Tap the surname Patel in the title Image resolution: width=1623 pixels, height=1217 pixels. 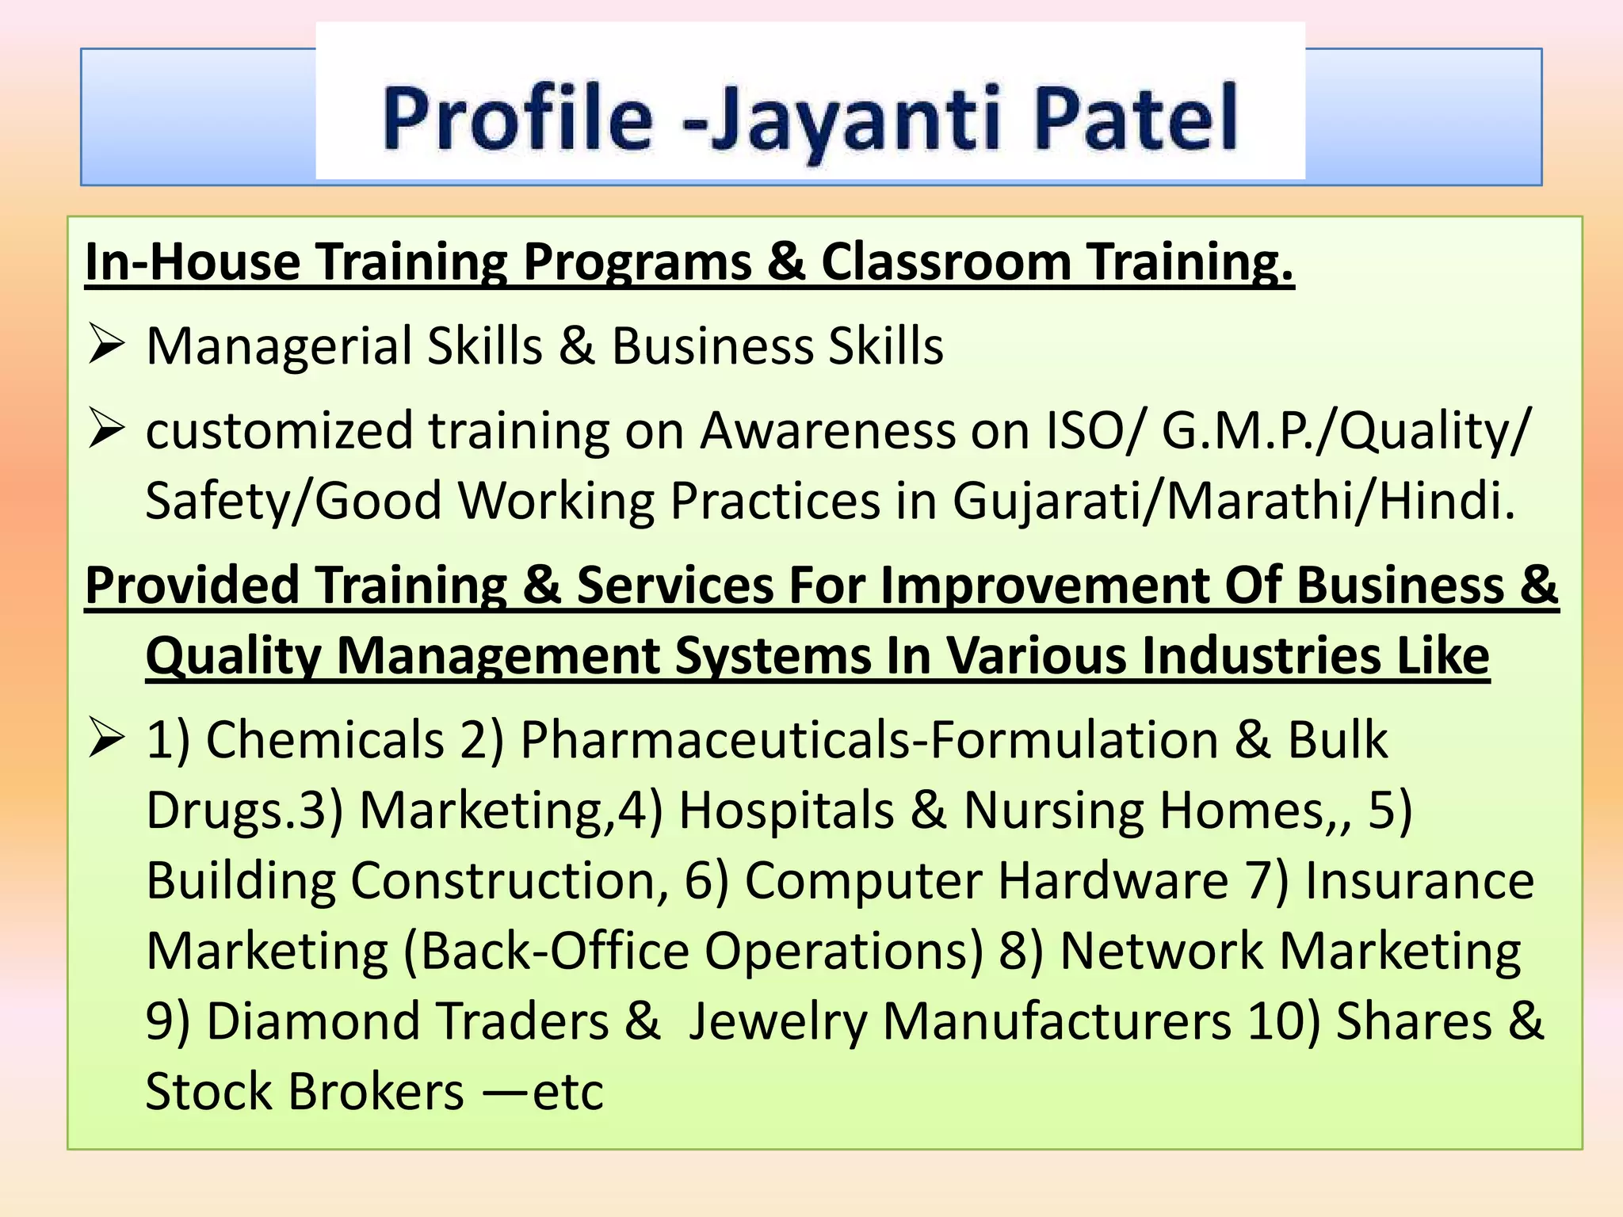[1136, 119]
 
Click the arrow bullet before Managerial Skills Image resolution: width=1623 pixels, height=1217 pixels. [106, 345]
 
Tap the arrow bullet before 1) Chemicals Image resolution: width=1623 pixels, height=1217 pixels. [106, 738]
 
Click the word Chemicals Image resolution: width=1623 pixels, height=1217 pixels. [326, 740]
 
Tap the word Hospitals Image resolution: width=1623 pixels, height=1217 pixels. [787, 811]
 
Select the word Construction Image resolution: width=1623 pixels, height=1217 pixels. [504, 880]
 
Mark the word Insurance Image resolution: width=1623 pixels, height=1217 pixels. [1419, 880]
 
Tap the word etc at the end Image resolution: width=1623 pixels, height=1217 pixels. [568, 1092]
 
